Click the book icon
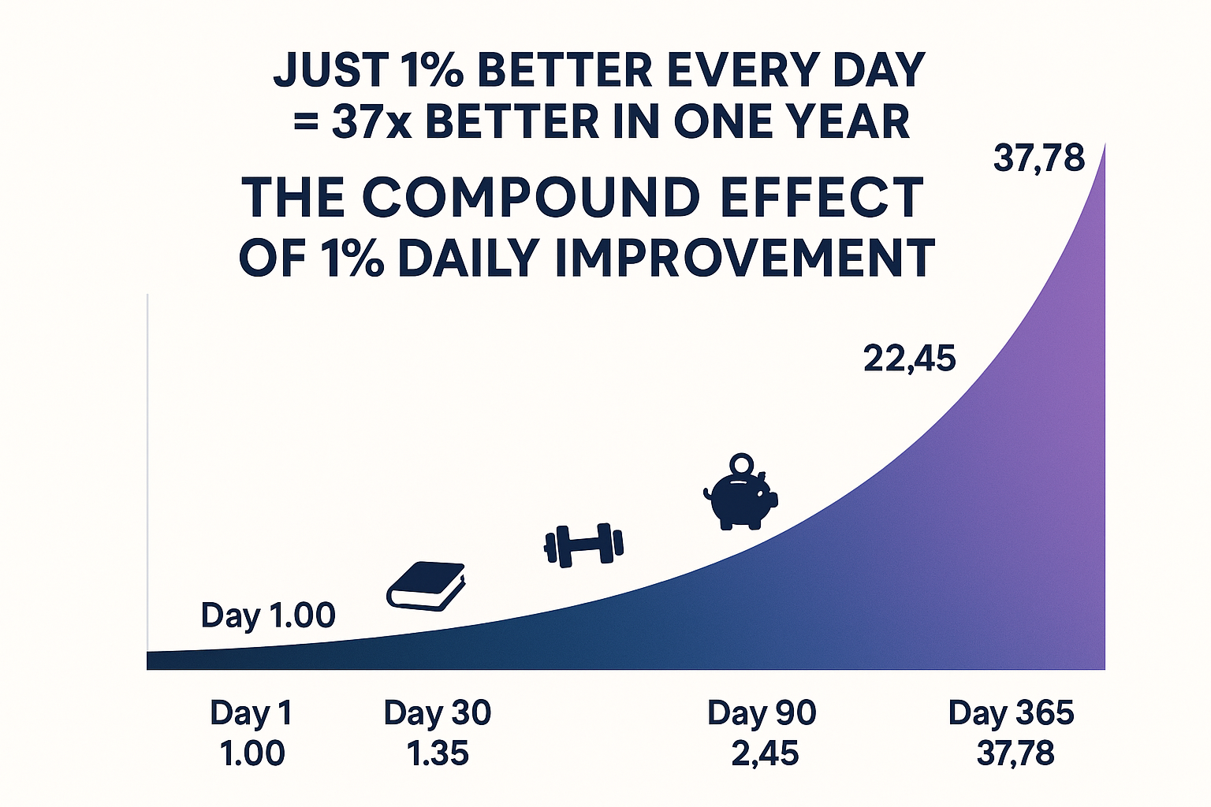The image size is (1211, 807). click(426, 586)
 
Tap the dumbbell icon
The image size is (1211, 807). click(583, 545)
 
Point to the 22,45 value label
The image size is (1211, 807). click(910, 359)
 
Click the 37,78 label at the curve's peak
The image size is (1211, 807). click(1039, 159)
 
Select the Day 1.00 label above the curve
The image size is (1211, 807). click(268, 615)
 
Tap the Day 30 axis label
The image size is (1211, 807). click(438, 712)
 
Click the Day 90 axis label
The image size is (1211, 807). click(762, 712)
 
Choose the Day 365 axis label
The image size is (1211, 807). click(1011, 712)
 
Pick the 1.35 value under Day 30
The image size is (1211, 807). click(438, 753)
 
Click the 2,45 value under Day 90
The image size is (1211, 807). click(765, 754)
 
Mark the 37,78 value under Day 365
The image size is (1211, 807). click(1015, 754)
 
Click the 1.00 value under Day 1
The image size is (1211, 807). click(252, 753)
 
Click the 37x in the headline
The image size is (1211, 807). click(371, 122)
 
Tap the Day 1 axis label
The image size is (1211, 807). click(252, 712)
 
